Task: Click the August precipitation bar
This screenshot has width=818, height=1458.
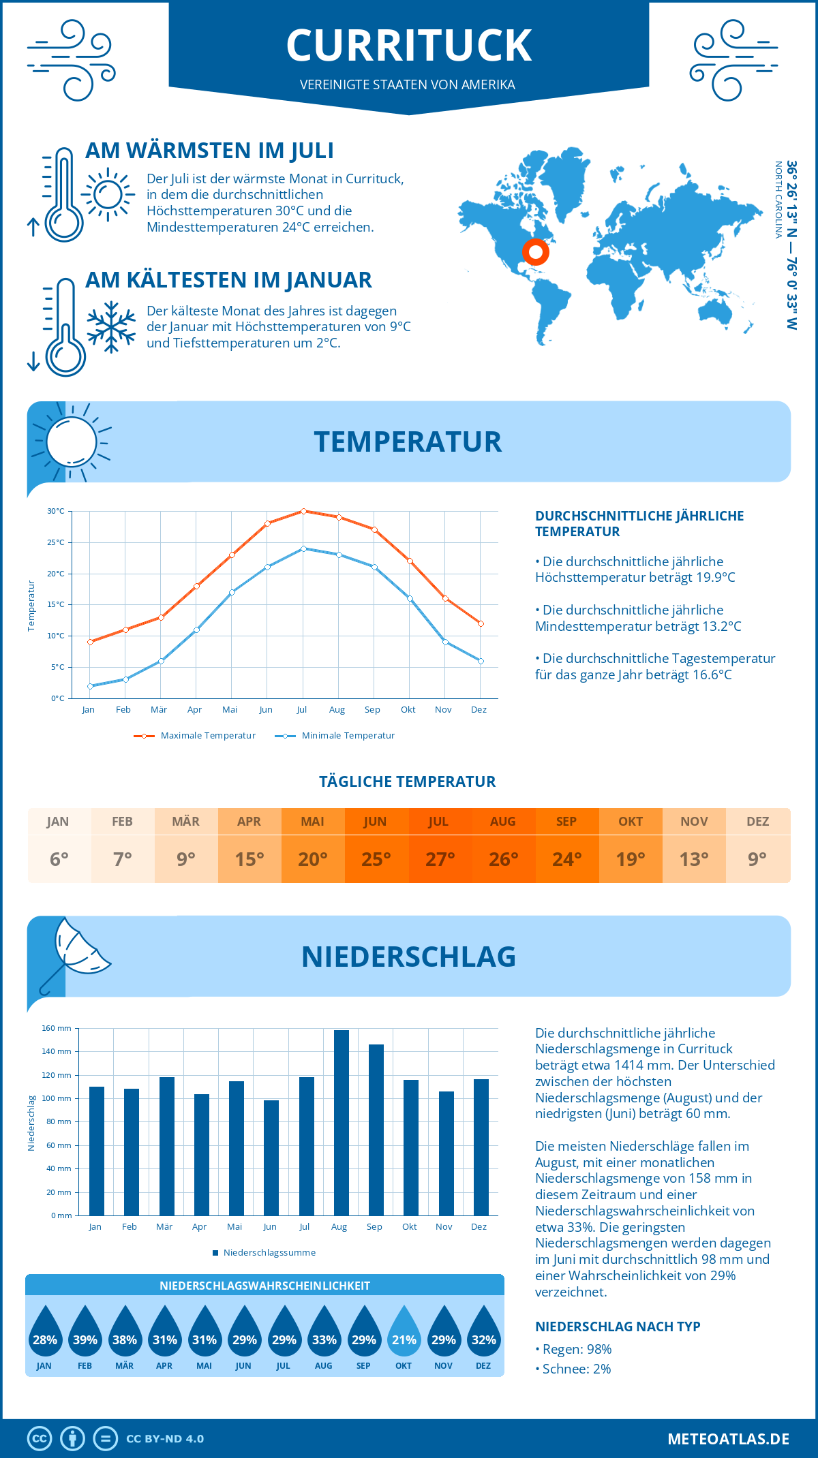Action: click(x=341, y=1123)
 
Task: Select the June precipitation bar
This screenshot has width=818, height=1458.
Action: click(x=271, y=1158)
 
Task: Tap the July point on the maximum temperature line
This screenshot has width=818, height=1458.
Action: click(x=303, y=511)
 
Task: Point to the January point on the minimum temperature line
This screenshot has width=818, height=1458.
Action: click(x=90, y=686)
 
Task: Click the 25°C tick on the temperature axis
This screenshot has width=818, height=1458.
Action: click(x=56, y=542)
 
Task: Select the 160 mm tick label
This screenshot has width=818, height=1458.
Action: click(x=57, y=1028)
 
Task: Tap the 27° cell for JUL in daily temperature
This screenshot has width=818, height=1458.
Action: click(x=440, y=859)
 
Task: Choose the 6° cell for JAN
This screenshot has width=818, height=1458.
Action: click(x=59, y=859)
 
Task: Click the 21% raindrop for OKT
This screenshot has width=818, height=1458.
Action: click(x=404, y=1333)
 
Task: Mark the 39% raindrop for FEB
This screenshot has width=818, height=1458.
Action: click(x=85, y=1333)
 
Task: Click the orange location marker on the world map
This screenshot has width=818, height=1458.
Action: click(x=536, y=252)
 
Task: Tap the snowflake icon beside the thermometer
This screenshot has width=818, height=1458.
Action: click(x=111, y=327)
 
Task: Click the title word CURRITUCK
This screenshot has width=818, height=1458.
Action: click(x=408, y=46)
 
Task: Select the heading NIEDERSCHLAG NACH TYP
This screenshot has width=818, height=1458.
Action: click(x=618, y=1327)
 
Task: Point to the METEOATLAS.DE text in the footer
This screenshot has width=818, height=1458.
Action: click(x=728, y=1439)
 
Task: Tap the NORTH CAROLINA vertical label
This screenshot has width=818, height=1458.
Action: click(x=778, y=200)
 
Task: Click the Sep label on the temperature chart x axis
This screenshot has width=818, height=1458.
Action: click(x=372, y=710)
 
